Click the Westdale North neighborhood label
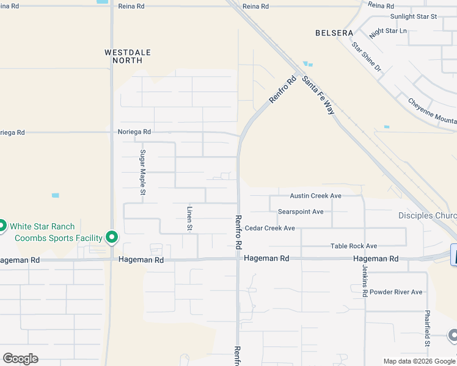point(128,56)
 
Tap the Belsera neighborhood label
point(334,32)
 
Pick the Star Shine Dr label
point(367,57)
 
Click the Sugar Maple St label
point(143,172)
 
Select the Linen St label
point(189,218)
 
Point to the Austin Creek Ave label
point(315,196)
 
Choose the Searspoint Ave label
point(301,212)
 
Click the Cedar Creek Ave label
point(270,228)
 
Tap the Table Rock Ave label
point(354,246)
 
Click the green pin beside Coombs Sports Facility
point(112,237)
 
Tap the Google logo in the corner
point(20,359)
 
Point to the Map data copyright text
point(419,361)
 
